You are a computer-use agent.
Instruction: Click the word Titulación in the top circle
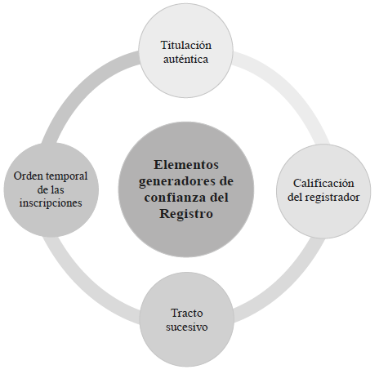(186, 45)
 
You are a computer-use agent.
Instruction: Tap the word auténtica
(186, 59)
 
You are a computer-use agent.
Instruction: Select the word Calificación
(323, 183)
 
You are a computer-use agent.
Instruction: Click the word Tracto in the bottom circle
(187, 313)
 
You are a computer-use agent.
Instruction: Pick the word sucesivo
(187, 327)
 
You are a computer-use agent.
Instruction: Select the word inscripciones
(51, 203)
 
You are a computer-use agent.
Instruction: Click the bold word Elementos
(186, 165)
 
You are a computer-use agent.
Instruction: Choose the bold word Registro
(186, 214)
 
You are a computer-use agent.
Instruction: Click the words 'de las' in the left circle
(51, 189)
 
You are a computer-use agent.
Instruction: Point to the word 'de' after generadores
(225, 181)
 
